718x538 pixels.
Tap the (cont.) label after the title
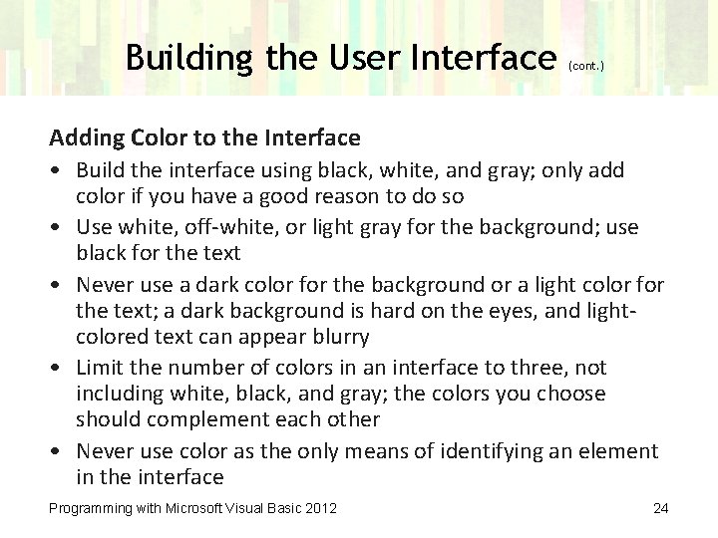pyautogui.click(x=585, y=67)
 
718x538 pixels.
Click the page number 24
pyautogui.click(x=659, y=509)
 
